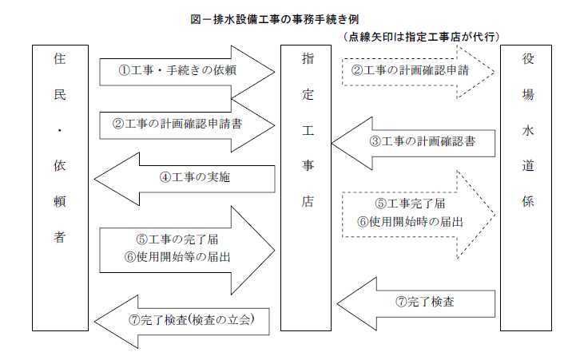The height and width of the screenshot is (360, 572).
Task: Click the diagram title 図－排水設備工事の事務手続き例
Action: coord(275,19)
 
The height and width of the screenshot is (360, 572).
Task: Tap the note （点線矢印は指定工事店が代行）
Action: coord(421,37)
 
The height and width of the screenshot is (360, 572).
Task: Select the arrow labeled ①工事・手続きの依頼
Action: coord(187,72)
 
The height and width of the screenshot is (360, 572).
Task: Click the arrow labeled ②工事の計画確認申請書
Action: coord(187,125)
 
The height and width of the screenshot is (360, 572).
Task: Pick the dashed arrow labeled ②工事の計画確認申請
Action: coord(419,72)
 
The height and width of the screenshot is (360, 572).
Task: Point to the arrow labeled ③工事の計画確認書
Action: coord(413,143)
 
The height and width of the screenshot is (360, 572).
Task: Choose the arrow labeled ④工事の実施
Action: coord(185,179)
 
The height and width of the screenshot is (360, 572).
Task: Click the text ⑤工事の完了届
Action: coord(177,239)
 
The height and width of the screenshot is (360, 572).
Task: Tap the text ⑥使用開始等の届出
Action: coord(177,257)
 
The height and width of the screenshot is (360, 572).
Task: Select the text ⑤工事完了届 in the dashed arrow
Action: coord(410,204)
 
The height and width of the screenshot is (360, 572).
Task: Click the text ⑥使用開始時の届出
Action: coord(410,222)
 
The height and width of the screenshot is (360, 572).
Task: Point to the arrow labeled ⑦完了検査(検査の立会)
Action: coord(181,322)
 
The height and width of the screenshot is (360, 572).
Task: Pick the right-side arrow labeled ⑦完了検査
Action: coord(416,303)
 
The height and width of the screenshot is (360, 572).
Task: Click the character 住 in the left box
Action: coord(60,58)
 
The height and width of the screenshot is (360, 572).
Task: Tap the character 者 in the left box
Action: coord(60,237)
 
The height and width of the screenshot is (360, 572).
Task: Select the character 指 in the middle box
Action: coord(308,58)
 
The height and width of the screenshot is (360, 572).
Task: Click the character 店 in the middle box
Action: coord(308,201)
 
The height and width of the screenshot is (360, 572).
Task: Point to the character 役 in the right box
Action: coord(528,58)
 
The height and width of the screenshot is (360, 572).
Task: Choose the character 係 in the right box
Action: coord(528,201)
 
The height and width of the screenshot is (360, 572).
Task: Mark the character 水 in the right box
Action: coord(528,130)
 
